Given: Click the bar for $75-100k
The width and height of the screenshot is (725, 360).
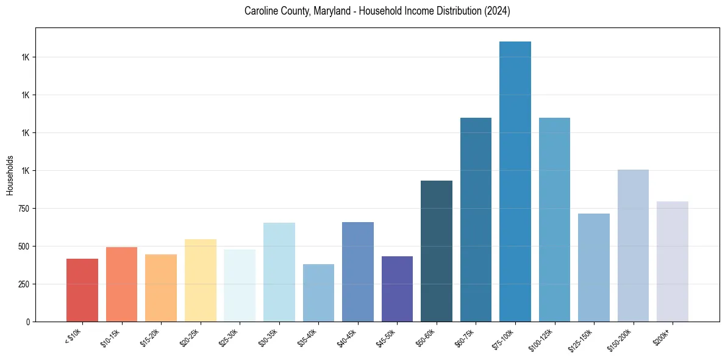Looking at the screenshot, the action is click(515, 181).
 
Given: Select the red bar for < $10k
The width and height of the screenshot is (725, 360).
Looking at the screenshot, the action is click(82, 290).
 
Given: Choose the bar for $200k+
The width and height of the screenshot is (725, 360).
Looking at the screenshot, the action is click(673, 261).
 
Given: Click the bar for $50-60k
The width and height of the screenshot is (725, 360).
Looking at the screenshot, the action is click(437, 251).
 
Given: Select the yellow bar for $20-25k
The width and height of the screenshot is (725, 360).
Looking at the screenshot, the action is click(201, 280).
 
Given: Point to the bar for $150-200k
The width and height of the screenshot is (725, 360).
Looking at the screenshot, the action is click(633, 245).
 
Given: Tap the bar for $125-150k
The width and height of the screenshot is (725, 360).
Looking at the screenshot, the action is click(594, 267).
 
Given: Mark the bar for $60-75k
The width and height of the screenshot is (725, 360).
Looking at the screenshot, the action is click(476, 220).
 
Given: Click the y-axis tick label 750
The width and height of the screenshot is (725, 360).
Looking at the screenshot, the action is click(23, 209).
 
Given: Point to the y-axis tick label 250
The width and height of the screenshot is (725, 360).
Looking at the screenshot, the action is click(23, 284).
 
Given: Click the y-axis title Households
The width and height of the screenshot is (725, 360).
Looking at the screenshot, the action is click(10, 175).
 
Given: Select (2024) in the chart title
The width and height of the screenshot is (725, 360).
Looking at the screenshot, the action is click(496, 11).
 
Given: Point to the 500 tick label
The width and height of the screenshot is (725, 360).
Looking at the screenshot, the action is click(23, 247).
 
